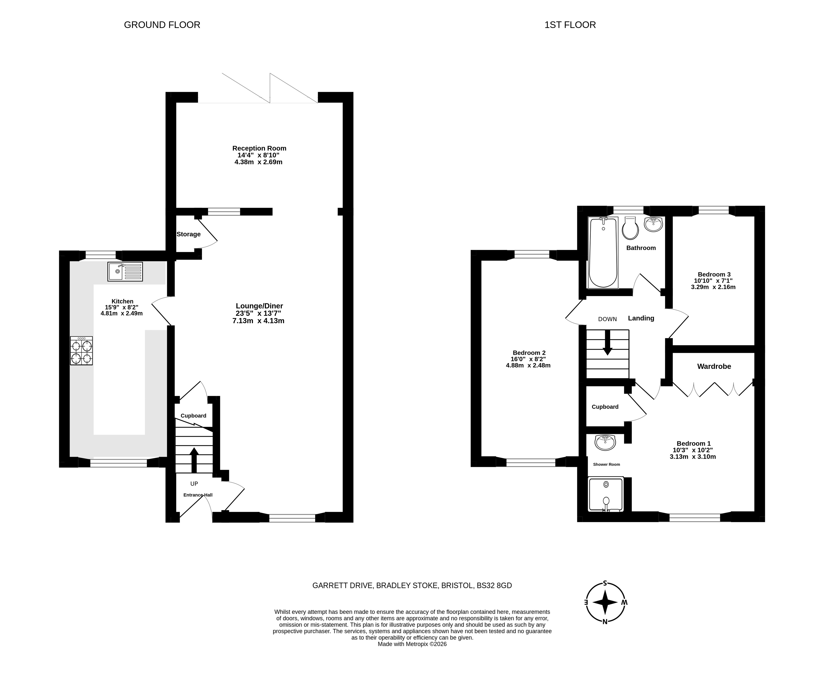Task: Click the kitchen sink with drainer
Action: pyautogui.click(x=125, y=272)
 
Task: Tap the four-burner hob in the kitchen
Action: pyautogui.click(x=81, y=351)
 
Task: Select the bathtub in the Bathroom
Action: pyautogui.click(x=603, y=253)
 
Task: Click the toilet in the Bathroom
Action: pyautogui.click(x=630, y=228)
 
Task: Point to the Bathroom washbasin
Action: pyautogui.click(x=653, y=225)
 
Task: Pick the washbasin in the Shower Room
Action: pyautogui.click(x=605, y=443)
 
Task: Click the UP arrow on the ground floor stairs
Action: pyautogui.click(x=194, y=460)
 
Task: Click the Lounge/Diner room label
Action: pyautogui.click(x=259, y=306)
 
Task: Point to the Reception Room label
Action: pyautogui.click(x=259, y=148)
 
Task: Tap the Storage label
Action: pyautogui.click(x=188, y=234)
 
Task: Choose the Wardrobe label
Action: pyautogui.click(x=714, y=366)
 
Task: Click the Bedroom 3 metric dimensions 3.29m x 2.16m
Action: pyautogui.click(x=713, y=287)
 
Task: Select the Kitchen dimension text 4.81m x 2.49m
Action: pyautogui.click(x=121, y=313)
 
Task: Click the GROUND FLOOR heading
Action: pyautogui.click(x=162, y=25)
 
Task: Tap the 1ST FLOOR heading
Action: pyautogui.click(x=570, y=25)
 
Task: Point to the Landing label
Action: pyautogui.click(x=641, y=318)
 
